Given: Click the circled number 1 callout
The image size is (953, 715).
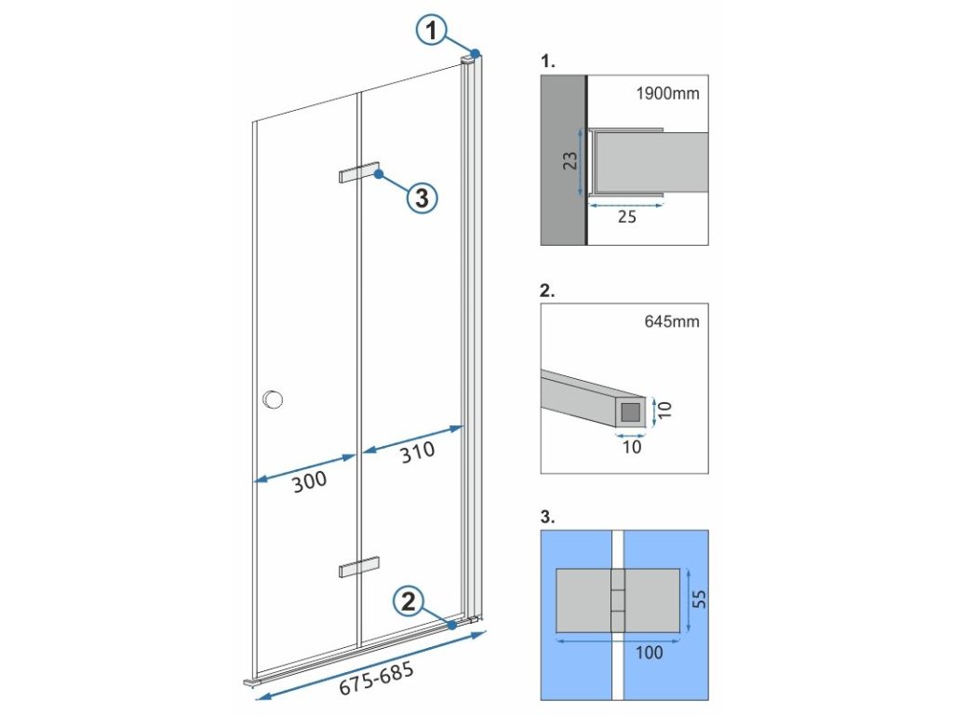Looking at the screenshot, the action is pos(430,31).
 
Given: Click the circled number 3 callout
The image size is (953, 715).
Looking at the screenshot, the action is pos(422,196).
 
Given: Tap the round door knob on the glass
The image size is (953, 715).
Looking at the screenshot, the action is pos(273,400).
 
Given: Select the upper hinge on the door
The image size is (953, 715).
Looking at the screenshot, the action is pos(359,174).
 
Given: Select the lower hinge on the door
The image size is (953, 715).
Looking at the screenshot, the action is pos(359,567).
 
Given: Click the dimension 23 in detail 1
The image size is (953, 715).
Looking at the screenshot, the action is pos(570,161).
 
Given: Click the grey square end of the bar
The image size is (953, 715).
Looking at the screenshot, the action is pos(631,410).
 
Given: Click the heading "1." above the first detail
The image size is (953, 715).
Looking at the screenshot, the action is pos(547,61).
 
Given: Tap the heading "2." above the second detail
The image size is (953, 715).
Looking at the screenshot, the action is pos(547,290).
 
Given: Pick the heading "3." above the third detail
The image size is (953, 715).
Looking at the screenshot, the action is pos(547,516).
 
